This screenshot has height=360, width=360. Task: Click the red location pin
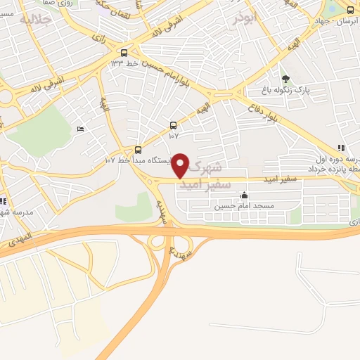[x=181, y=165]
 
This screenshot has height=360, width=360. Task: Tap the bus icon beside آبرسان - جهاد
[x=350, y=10]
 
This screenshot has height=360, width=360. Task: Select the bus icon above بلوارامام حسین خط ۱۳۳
[x=124, y=53]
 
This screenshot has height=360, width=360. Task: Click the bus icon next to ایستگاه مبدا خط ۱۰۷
[x=138, y=149]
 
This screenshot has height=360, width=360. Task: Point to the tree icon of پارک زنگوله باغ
[x=285, y=79]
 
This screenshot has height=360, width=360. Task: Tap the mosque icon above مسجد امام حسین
[x=244, y=195]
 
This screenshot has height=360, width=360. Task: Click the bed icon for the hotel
[x=79, y=129]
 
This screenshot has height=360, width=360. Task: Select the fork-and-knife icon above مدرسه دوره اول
[x=340, y=148]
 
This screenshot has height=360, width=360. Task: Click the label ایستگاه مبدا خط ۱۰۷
[x=138, y=161]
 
